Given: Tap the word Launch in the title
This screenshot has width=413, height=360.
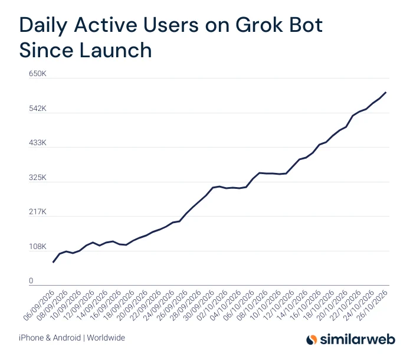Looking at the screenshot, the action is click(116, 50).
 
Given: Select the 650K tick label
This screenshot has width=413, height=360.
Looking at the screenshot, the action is click(37, 74).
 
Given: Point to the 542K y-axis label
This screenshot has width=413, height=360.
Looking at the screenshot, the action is click(37, 109).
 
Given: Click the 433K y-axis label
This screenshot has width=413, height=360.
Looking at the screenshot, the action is click(37, 143).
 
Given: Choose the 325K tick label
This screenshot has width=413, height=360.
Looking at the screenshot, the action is click(37, 178).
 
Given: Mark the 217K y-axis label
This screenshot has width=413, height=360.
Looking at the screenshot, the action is click(37, 212).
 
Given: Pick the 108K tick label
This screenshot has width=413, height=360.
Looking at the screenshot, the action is click(37, 247).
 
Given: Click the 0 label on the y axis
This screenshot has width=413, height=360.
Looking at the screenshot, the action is click(31, 281).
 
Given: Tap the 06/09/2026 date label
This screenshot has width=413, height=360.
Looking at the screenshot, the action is click(39, 306).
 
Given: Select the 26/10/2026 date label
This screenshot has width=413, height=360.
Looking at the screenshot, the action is click(372, 306).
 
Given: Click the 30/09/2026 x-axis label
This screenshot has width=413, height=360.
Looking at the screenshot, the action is click(199, 306).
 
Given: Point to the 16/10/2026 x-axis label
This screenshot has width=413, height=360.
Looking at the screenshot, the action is click(305, 306).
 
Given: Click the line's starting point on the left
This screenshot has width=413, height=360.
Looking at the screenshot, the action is click(53, 262).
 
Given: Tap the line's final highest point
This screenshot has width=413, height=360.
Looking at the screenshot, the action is click(386, 92).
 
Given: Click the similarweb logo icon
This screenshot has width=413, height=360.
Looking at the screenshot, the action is click(312, 339).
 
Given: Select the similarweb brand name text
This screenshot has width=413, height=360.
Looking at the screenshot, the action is click(358, 339).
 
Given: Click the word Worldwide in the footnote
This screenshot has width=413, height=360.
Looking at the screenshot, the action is click(106, 338).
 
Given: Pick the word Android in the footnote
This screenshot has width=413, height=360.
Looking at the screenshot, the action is click(67, 338).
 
